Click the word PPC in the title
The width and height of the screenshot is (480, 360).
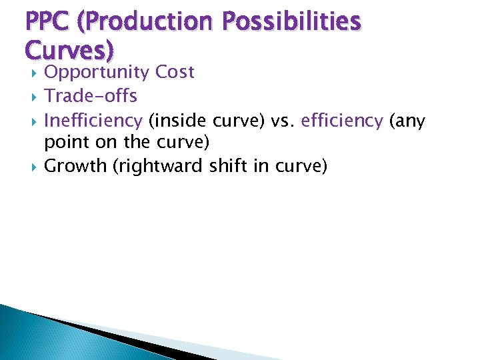(x=49, y=23)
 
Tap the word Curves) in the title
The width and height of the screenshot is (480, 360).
(x=69, y=50)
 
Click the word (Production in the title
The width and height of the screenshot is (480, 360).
(x=148, y=23)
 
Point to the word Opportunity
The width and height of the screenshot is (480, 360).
(x=96, y=73)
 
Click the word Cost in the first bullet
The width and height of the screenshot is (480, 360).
(x=174, y=72)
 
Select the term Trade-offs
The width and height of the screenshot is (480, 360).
(x=90, y=96)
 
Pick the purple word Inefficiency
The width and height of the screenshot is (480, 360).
(x=93, y=121)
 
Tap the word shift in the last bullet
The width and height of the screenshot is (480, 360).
(x=227, y=166)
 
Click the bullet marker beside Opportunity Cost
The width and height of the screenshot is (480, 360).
(x=29, y=73)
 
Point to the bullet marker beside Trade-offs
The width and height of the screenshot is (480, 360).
(x=29, y=97)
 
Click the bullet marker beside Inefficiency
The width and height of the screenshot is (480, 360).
(x=29, y=121)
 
